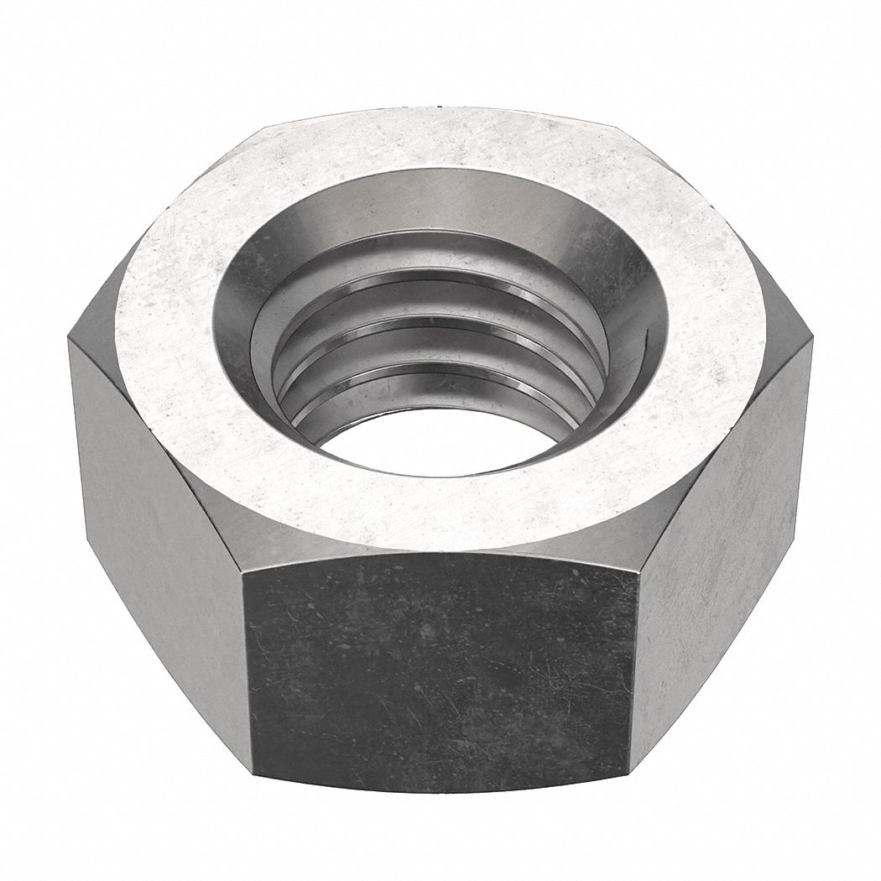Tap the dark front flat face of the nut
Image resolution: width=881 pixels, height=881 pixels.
click(440, 671)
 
